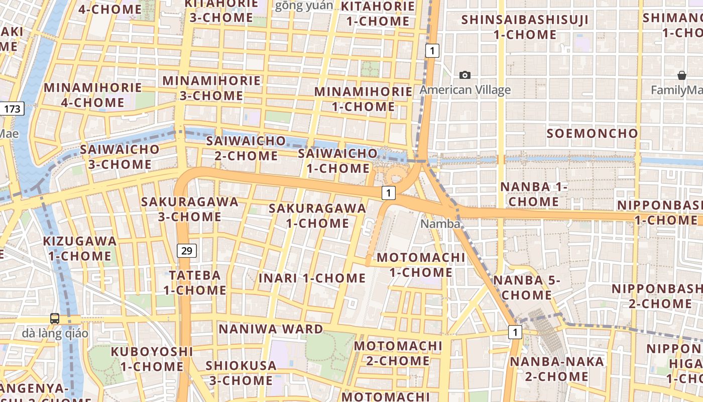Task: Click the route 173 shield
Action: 12,108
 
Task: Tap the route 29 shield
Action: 187,250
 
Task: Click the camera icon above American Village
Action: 465,75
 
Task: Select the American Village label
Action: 465,90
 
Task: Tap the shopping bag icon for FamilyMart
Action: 682,76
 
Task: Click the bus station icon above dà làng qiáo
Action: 55,319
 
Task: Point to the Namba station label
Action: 440,224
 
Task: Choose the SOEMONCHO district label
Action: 592,134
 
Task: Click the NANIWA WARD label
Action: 271,329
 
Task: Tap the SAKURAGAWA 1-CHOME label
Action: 317,216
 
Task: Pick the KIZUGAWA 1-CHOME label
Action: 80,248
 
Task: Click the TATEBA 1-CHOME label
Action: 195,282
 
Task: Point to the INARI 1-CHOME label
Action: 312,278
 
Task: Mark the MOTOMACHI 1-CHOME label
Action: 421,265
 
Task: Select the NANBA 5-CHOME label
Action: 527,287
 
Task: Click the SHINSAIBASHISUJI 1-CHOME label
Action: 525,27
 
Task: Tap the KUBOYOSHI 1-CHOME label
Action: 152,359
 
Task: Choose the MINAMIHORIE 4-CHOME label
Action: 92,95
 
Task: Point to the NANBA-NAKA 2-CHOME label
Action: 549,369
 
